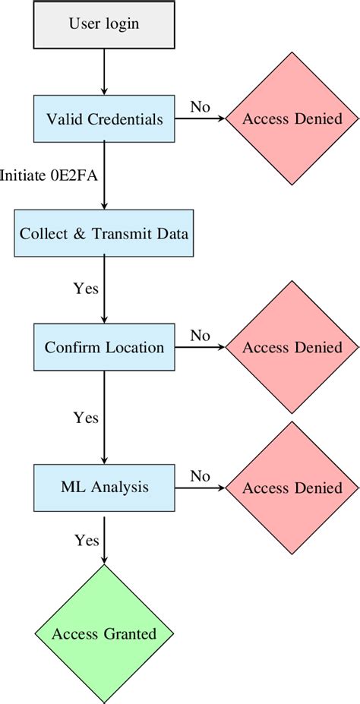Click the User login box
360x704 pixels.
coord(104,24)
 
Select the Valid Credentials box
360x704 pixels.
coord(104,119)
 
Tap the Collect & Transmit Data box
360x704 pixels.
coord(104,234)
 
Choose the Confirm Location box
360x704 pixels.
coord(104,348)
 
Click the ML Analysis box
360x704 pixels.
coord(104,487)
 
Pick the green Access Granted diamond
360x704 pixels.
coord(104,633)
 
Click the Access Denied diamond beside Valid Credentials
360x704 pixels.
coord(292,119)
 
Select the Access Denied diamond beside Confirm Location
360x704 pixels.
coord(292,348)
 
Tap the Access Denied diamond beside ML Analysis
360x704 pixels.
coord(292,487)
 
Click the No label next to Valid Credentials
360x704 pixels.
coord(200,107)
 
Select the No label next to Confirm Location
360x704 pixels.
coord(200,335)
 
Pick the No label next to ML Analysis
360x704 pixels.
coord(200,475)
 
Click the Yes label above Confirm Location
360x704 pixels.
coord(86,289)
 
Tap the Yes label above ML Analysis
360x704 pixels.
coord(86,417)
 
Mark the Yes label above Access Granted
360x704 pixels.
coord(86,540)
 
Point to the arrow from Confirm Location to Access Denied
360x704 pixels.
coord(201,348)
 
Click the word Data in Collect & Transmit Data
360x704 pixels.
coord(172,234)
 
